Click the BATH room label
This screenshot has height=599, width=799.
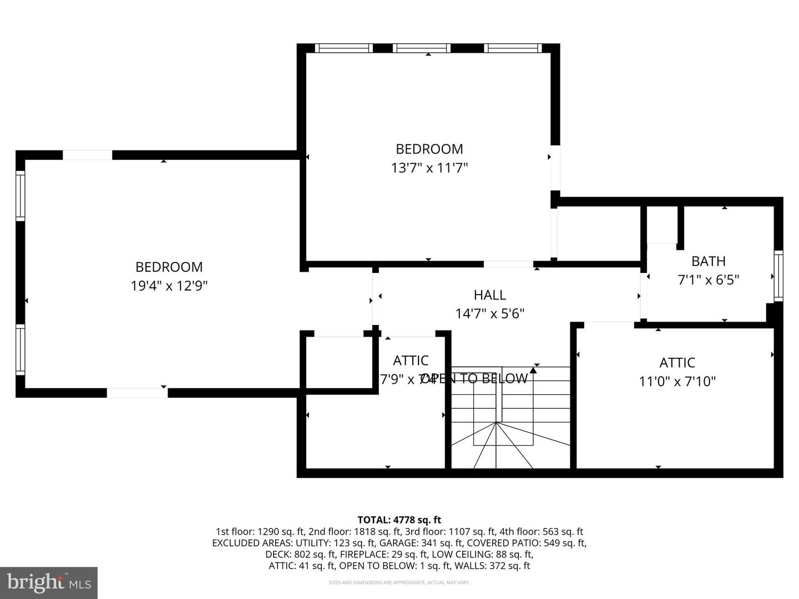click(708, 261)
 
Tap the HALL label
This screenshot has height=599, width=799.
click(489, 295)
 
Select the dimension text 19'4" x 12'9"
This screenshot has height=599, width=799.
click(169, 286)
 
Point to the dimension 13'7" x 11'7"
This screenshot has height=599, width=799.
click(429, 167)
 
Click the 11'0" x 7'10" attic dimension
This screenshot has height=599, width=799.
click(677, 382)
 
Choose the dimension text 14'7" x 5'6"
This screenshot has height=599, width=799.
click(489, 314)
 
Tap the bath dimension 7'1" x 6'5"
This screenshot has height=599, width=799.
click(708, 280)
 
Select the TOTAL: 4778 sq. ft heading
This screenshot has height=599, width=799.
click(399, 520)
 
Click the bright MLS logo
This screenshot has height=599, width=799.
click(49, 582)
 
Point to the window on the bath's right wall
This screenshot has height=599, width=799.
click(778, 276)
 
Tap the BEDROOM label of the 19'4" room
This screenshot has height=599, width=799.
click(169, 267)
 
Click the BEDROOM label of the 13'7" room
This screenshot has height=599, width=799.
click(429, 149)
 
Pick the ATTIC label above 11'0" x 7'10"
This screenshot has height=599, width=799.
click(677, 363)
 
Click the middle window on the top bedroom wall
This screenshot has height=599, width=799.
click(422, 48)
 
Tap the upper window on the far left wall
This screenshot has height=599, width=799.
click(21, 195)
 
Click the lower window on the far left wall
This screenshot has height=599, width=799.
click(21, 349)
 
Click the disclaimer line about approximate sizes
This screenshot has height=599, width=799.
click(399, 582)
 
